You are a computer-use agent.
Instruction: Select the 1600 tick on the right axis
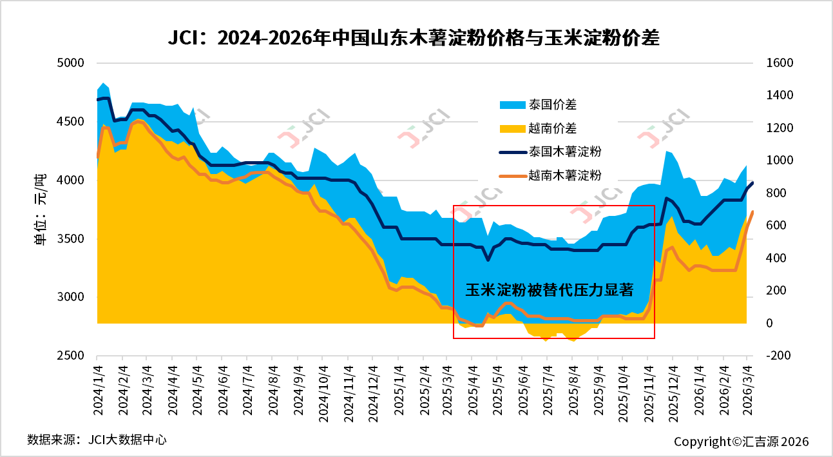(780, 63)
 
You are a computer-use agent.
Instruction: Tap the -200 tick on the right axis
(778, 356)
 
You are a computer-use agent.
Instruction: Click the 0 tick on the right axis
(769, 324)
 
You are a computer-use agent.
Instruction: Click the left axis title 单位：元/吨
(40, 210)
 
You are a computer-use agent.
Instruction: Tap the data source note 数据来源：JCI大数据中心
(97, 440)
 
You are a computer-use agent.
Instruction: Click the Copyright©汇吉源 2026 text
(741, 442)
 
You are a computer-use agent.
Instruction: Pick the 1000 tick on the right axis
(780, 160)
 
